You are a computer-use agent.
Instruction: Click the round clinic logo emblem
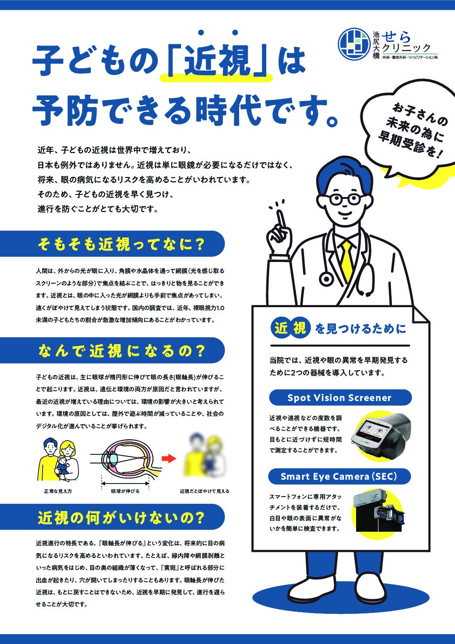(x=354, y=43)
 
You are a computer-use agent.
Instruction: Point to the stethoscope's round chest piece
(x=326, y=279)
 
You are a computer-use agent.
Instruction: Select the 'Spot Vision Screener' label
(x=339, y=397)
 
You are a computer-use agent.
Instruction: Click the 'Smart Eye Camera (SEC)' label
(x=339, y=476)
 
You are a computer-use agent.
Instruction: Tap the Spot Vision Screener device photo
(x=381, y=436)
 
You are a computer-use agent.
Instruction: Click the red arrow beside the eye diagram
(x=169, y=458)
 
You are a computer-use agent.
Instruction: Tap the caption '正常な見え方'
(x=58, y=491)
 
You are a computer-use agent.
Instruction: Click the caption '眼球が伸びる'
(x=125, y=491)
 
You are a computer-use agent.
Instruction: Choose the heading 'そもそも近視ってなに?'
(x=121, y=244)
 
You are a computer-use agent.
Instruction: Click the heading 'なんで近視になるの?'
(x=121, y=351)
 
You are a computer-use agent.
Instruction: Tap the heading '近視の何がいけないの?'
(x=121, y=518)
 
